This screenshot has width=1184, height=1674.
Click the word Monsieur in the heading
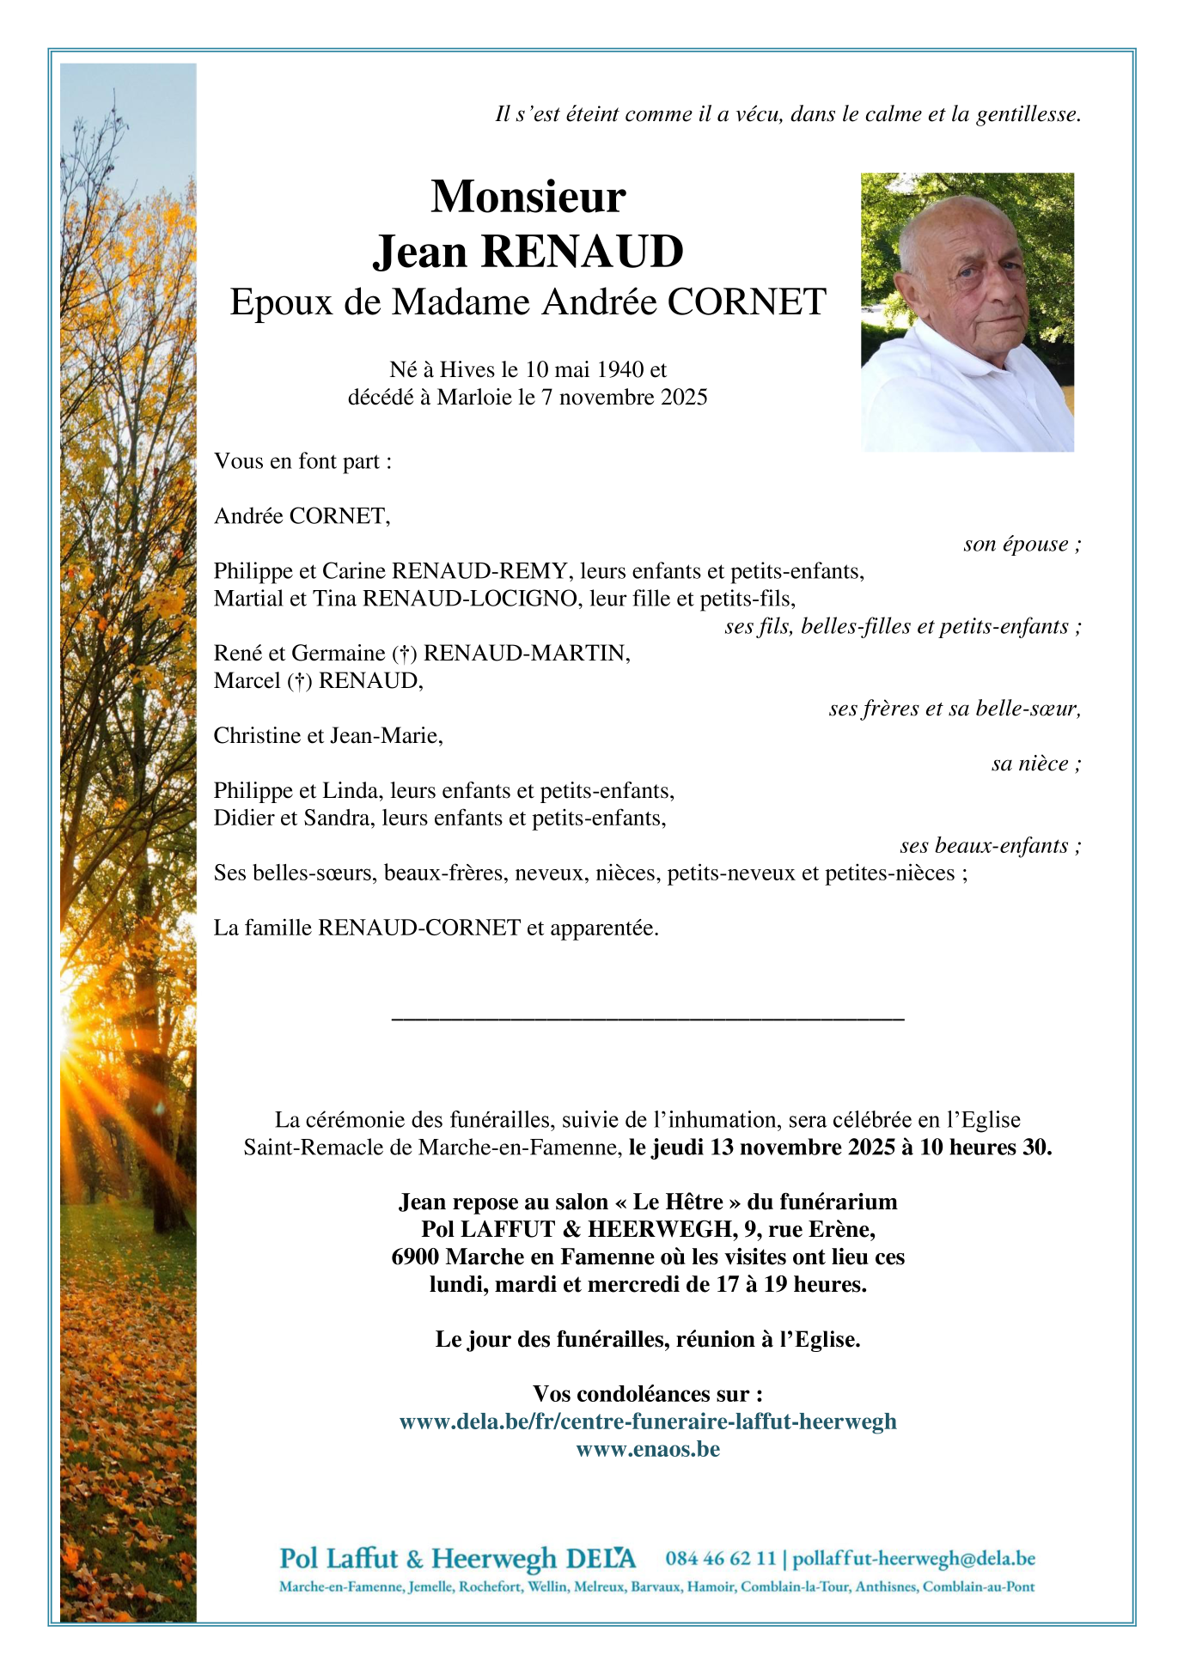[x=528, y=197]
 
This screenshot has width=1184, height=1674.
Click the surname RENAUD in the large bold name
[x=583, y=252]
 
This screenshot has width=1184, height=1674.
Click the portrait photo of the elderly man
[x=967, y=312]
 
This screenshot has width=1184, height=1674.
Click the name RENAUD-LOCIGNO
[x=470, y=599]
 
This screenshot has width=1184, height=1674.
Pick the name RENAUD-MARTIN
[x=527, y=654]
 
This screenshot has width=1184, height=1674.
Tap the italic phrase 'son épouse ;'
[x=1022, y=544]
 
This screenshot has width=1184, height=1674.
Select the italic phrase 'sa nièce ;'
[x=1035, y=764]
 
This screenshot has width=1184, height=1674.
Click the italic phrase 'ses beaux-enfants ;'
[x=990, y=846]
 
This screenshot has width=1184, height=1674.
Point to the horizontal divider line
[x=647, y=1019]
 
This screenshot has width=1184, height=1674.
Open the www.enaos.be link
[x=648, y=1449]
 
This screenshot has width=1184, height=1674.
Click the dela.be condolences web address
[x=648, y=1421]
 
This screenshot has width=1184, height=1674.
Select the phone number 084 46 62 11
[x=720, y=1558]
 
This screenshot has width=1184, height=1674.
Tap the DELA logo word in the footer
[x=601, y=1558]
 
